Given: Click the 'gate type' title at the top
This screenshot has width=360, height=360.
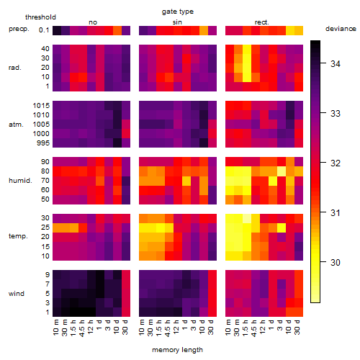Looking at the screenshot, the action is tap(178, 12).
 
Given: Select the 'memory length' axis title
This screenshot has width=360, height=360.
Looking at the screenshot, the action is tap(177, 350).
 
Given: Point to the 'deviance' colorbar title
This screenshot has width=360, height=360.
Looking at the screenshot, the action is tap(341, 29).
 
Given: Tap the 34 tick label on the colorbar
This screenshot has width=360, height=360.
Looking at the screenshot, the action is tap(336, 64).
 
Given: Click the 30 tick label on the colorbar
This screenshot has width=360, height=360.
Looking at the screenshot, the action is tap(336, 263).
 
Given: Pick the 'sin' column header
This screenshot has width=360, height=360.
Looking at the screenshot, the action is tap(177, 22).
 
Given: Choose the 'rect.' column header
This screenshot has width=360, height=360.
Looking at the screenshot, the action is tap(262, 22).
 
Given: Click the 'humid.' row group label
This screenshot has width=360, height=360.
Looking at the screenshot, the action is tap(20, 181).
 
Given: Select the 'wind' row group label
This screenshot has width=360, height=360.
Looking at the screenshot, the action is tap(17, 294).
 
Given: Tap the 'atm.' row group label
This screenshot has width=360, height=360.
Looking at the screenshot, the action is tap(16, 125).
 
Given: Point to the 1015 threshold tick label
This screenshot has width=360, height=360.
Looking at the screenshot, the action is tap(41, 106).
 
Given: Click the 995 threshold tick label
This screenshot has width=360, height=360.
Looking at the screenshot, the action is tap(43, 143).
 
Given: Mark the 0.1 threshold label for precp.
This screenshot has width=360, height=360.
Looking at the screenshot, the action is tap(44, 30).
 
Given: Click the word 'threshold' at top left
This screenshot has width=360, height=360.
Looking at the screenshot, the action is tap(40, 17).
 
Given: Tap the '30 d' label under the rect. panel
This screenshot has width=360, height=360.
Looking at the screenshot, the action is tap(297, 327).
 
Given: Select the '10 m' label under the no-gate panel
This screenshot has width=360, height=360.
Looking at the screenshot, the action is tap(55, 327).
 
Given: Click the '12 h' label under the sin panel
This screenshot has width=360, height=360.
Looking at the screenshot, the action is tap(176, 327).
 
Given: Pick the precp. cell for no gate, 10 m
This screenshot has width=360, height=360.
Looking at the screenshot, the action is tap(57, 30).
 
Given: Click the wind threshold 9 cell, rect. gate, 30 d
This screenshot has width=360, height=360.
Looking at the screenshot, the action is tap(299, 275).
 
